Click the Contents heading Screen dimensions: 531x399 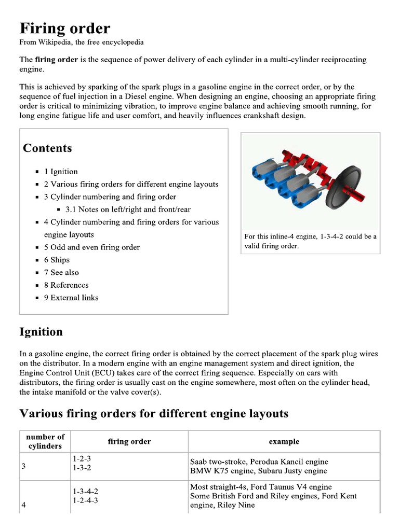pyautogui.click(x=47, y=148)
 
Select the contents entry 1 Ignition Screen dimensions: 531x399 pyautogui.click(x=61, y=172)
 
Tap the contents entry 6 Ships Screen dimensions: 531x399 pyautogui.click(x=57, y=260)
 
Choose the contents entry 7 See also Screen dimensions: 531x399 pyautogui.click(x=61, y=272)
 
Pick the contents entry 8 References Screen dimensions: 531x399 pyautogui.click(x=66, y=285)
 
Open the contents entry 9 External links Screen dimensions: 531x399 pyautogui.click(x=71, y=298)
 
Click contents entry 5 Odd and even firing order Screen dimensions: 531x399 pyautogui.click(x=91, y=247)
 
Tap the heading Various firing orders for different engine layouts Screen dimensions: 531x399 pyautogui.click(x=153, y=413)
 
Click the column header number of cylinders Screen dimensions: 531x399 pyautogui.click(x=45, y=441)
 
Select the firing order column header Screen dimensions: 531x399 pyautogui.click(x=129, y=442)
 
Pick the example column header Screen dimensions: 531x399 pyautogui.click(x=284, y=442)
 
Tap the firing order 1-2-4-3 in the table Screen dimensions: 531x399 pyautogui.click(x=86, y=500)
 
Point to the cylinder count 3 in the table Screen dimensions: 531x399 pyautogui.click(x=24, y=466)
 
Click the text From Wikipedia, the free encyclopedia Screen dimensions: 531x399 pyautogui.click(x=82, y=42)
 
